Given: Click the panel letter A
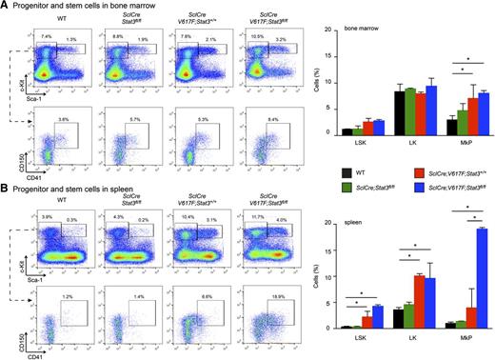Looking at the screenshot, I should [x=5, y=7].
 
